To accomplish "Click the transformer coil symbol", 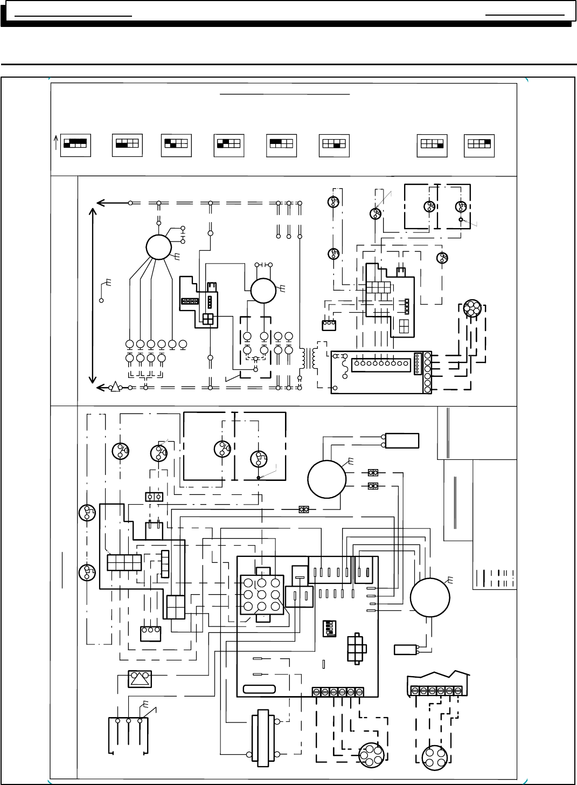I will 309,357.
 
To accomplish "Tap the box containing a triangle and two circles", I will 140,679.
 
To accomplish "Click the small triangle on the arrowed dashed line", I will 115,387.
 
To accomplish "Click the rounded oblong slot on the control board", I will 259,688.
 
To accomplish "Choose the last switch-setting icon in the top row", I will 479,144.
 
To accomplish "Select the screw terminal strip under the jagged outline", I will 436,691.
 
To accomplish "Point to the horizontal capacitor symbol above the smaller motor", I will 265,265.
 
